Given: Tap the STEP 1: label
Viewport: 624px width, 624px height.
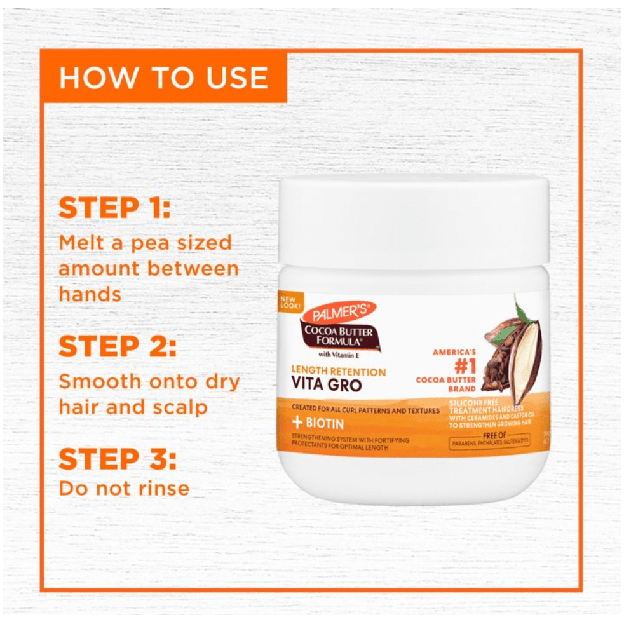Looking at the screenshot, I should [114, 208].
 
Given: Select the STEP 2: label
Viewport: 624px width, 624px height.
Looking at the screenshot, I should [118, 346].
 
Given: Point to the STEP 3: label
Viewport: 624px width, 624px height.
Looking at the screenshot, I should [118, 459].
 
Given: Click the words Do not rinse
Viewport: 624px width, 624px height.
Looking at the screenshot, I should [124, 488].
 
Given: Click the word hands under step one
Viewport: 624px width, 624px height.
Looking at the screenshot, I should [90, 294].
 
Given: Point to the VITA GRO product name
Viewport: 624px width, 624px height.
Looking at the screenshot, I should [327, 385].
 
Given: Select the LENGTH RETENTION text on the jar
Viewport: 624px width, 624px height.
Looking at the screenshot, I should [338, 372].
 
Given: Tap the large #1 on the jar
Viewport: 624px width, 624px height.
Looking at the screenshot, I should [454, 367].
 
